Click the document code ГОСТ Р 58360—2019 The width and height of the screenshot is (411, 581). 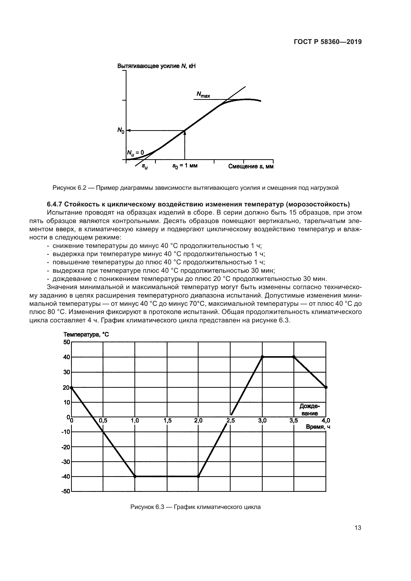(328, 42)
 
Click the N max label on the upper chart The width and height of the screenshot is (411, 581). (203, 95)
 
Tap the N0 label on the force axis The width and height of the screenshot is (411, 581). (121, 130)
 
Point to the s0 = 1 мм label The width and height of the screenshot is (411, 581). (185, 166)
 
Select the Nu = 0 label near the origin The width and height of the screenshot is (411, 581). (135, 153)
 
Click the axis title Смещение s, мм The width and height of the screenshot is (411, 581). (250, 166)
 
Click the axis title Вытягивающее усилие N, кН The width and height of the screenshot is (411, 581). (156, 66)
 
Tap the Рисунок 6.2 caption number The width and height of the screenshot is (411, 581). (69, 188)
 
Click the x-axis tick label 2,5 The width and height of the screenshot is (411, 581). (230, 421)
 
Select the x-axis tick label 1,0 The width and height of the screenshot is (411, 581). (135, 421)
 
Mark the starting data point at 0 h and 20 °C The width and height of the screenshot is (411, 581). (72, 387)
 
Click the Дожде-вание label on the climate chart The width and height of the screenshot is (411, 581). (310, 410)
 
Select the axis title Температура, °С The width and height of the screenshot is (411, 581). (86, 335)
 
